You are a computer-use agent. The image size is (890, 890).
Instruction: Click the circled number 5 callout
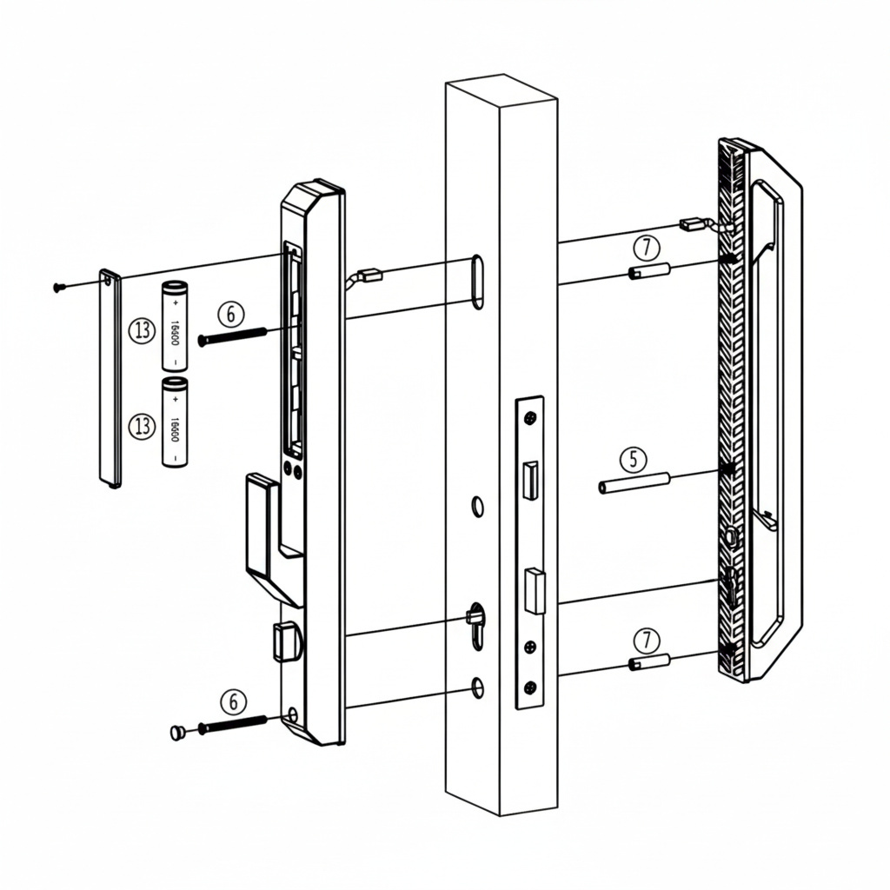[x=634, y=458]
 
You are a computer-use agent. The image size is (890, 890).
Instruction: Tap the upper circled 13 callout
[x=141, y=330]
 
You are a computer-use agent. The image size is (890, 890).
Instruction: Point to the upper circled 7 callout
[x=646, y=248]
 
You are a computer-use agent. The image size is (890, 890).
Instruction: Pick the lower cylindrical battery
[x=175, y=422]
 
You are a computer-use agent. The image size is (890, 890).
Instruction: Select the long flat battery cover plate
[x=110, y=378]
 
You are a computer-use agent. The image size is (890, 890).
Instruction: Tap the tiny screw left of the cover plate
[x=58, y=287]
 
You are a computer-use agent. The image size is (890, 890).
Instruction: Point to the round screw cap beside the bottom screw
[x=178, y=733]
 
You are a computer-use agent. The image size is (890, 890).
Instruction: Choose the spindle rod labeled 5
[x=634, y=482]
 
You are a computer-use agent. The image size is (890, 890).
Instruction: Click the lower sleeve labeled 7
[x=649, y=663]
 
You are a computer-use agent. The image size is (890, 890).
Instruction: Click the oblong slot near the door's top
[x=477, y=281]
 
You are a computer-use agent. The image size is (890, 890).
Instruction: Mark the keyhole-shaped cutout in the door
[x=475, y=621]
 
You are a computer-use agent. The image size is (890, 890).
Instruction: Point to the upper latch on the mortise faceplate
[x=528, y=479]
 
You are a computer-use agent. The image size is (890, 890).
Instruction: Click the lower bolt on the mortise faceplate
[x=534, y=590]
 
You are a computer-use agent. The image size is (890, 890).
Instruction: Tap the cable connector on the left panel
[x=369, y=276]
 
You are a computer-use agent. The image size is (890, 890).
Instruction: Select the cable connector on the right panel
[x=693, y=223]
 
